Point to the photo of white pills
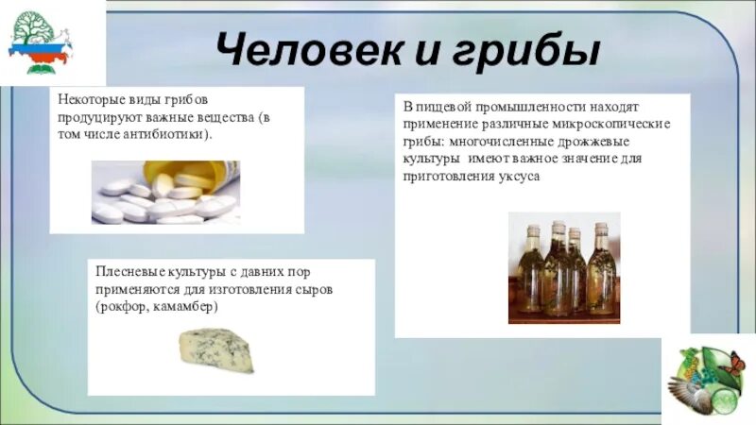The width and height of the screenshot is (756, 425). tap(165, 193)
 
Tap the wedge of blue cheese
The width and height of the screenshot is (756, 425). tap(216, 349)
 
